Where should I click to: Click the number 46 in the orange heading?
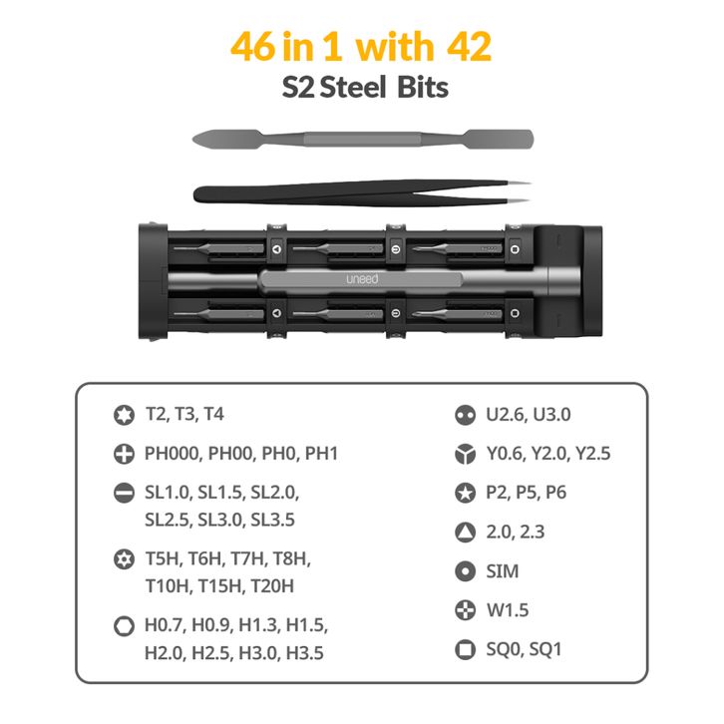[x=252, y=47]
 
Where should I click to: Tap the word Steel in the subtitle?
[x=353, y=88]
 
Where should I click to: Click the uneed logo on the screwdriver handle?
[x=362, y=279]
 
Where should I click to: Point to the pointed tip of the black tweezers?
[x=530, y=183]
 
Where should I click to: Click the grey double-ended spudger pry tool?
[x=362, y=139]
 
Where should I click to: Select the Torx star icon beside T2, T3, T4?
[x=124, y=415]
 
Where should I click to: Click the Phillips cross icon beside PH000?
[x=124, y=454]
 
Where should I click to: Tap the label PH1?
[x=321, y=454]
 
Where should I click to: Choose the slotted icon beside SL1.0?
[x=124, y=493]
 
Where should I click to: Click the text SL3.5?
[x=272, y=520]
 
